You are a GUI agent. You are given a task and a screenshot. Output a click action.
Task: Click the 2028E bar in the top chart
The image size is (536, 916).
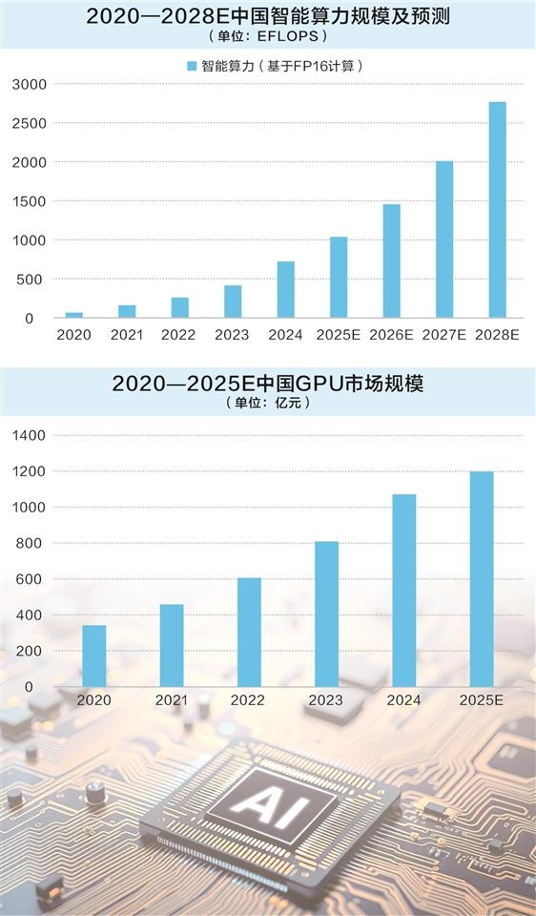click(497, 210)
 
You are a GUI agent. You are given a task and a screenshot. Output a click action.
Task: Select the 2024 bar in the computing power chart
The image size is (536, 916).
click(286, 289)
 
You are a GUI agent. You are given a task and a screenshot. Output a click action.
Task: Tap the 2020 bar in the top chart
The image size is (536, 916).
click(73, 315)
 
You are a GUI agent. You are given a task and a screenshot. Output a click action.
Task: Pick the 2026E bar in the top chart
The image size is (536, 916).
click(391, 260)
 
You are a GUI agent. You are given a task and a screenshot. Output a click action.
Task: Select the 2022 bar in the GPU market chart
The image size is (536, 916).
click(249, 632)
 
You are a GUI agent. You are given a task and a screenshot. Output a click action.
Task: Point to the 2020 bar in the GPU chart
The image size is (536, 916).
click(94, 656)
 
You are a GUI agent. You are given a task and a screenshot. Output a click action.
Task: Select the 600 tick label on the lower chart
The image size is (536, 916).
click(32, 579)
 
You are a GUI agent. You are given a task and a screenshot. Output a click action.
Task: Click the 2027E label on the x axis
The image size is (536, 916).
click(444, 335)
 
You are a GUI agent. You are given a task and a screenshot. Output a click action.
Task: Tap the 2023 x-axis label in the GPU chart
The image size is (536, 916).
click(326, 700)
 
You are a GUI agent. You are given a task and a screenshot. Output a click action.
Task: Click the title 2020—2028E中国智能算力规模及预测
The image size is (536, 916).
click(267, 16)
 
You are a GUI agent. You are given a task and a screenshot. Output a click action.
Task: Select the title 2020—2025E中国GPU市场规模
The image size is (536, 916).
click(267, 385)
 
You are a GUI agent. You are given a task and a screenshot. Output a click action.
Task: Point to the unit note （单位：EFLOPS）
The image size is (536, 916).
click(267, 36)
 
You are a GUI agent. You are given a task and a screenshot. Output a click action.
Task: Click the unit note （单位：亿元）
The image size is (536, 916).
click(267, 404)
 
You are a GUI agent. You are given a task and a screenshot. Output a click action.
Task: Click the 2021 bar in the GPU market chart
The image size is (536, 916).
click(172, 645)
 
